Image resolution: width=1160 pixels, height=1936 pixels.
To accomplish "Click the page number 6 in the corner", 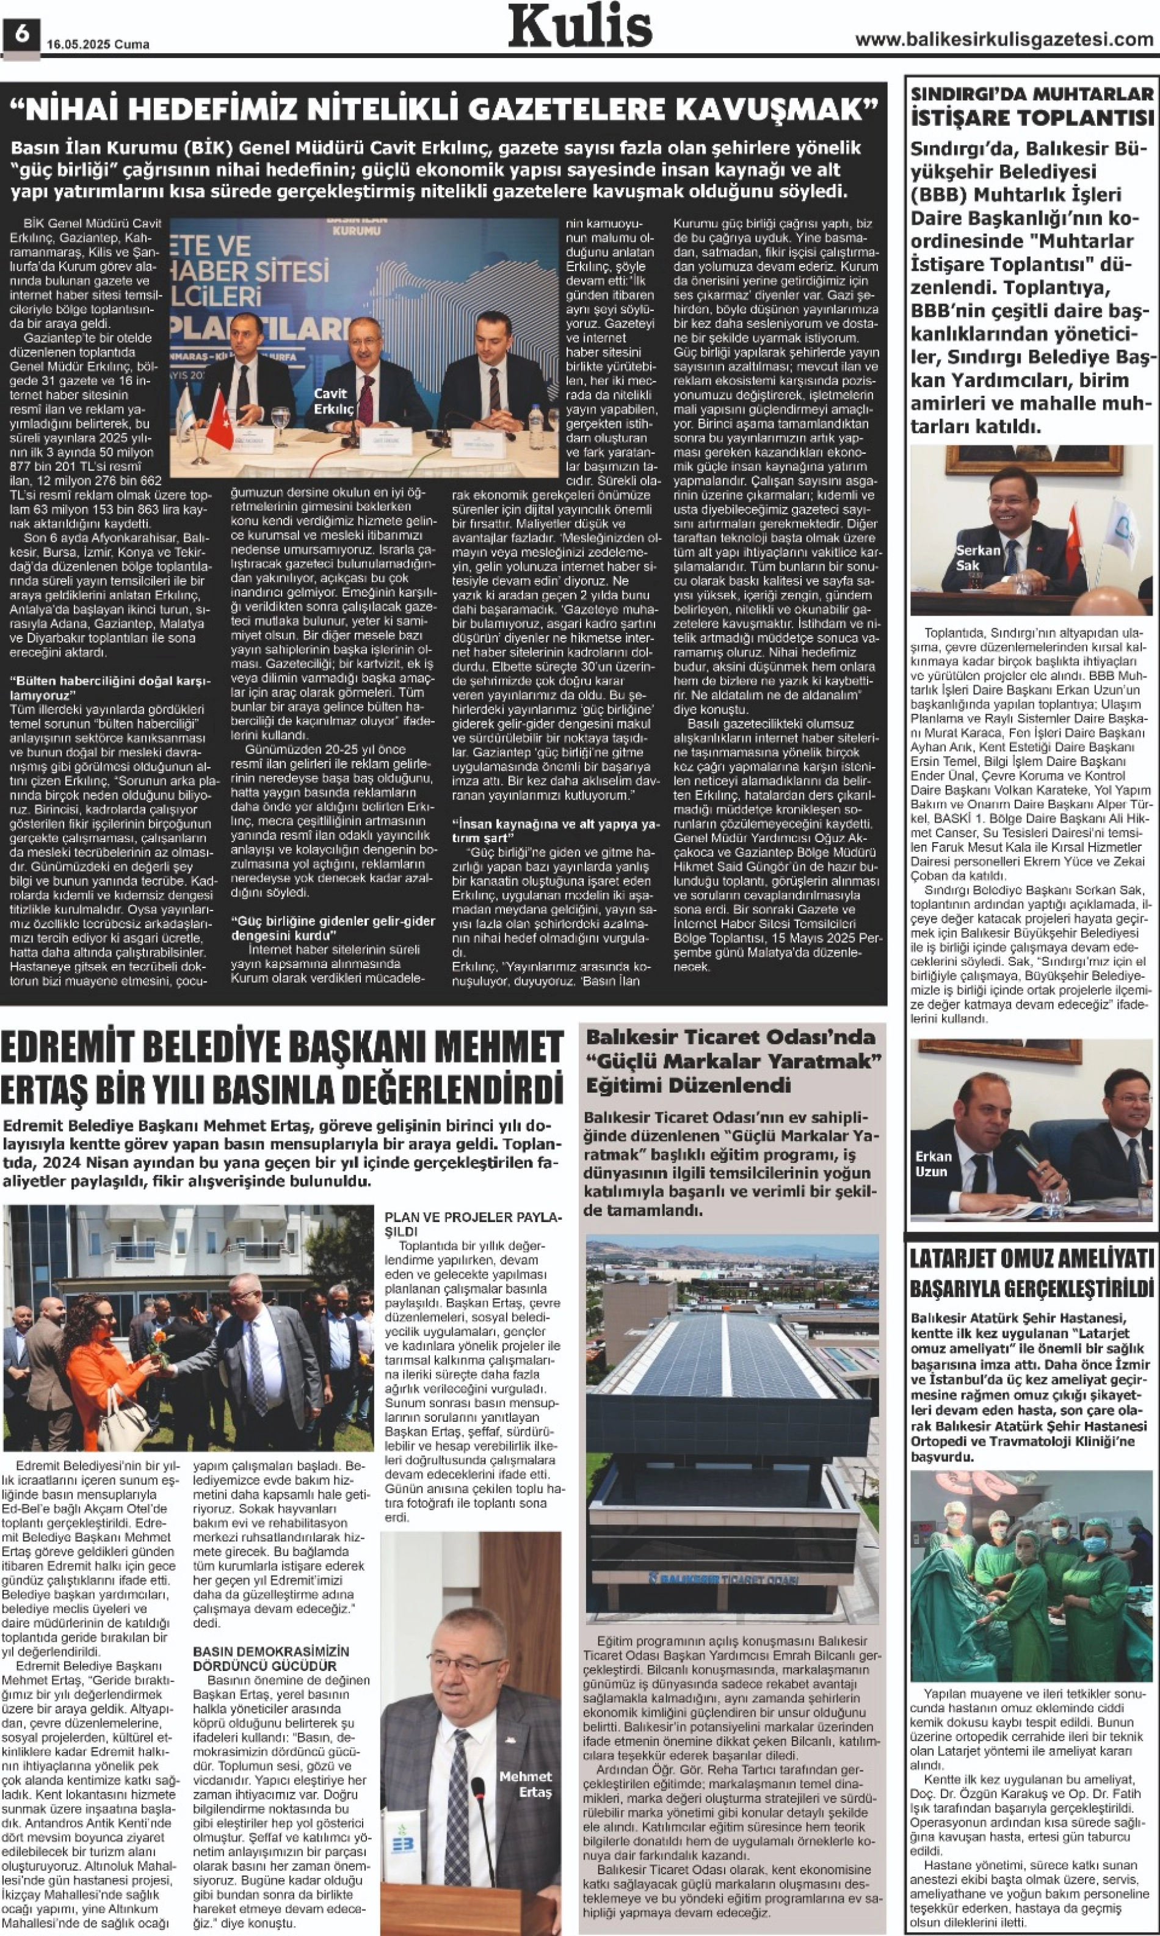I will click(x=21, y=34).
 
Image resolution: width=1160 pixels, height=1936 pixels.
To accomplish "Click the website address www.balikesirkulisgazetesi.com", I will click(x=1004, y=39).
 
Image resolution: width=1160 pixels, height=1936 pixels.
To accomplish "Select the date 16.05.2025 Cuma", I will click(x=98, y=45).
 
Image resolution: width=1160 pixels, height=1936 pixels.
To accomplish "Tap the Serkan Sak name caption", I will click(x=977, y=557).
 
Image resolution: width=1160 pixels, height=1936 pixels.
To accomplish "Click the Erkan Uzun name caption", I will click(x=933, y=1163).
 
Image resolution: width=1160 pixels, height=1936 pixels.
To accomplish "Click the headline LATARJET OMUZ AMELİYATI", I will click(x=1031, y=1258).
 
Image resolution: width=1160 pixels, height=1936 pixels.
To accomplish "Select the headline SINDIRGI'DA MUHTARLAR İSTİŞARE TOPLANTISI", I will click(x=1032, y=106).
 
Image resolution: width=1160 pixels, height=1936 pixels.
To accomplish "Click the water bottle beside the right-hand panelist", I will click(x=535, y=427).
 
